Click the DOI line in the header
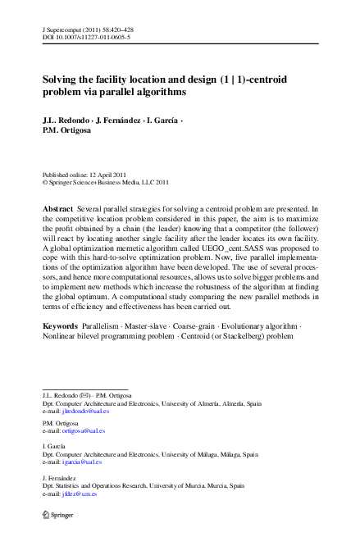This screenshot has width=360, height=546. (85, 38)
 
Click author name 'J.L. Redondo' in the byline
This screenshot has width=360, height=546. (67, 121)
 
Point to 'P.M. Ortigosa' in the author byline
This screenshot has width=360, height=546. (67, 132)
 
